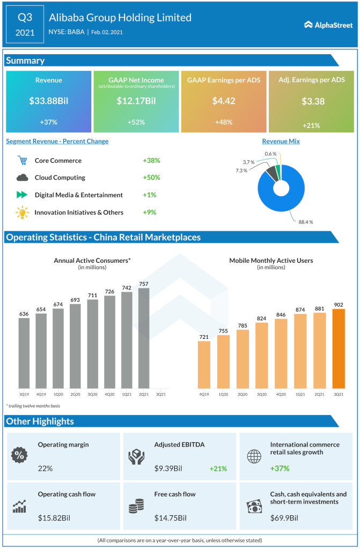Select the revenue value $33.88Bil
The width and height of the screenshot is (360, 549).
48,100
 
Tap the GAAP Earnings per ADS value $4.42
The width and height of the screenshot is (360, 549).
224,100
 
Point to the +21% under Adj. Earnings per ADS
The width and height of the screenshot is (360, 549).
312,125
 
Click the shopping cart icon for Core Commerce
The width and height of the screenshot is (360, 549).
22,160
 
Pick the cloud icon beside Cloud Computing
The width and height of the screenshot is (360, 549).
22,177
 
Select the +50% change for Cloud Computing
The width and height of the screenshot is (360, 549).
151,177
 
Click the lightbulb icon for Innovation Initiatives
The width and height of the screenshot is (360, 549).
22,212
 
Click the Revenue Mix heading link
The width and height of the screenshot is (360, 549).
281,141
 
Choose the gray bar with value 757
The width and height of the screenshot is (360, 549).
144,338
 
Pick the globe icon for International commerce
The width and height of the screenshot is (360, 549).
253,456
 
